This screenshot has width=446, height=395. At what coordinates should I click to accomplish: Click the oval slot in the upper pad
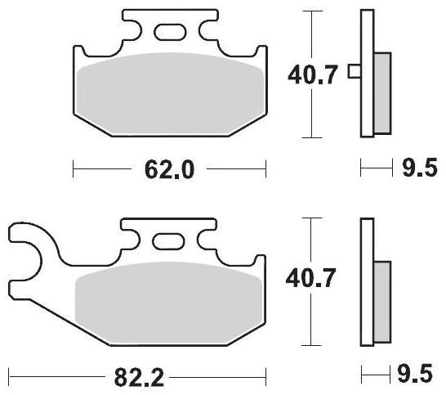[169, 32]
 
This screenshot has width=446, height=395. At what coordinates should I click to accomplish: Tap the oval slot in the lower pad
[169, 242]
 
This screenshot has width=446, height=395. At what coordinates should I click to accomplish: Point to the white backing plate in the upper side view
[367, 74]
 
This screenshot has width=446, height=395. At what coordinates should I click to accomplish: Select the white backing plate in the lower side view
[367, 282]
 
